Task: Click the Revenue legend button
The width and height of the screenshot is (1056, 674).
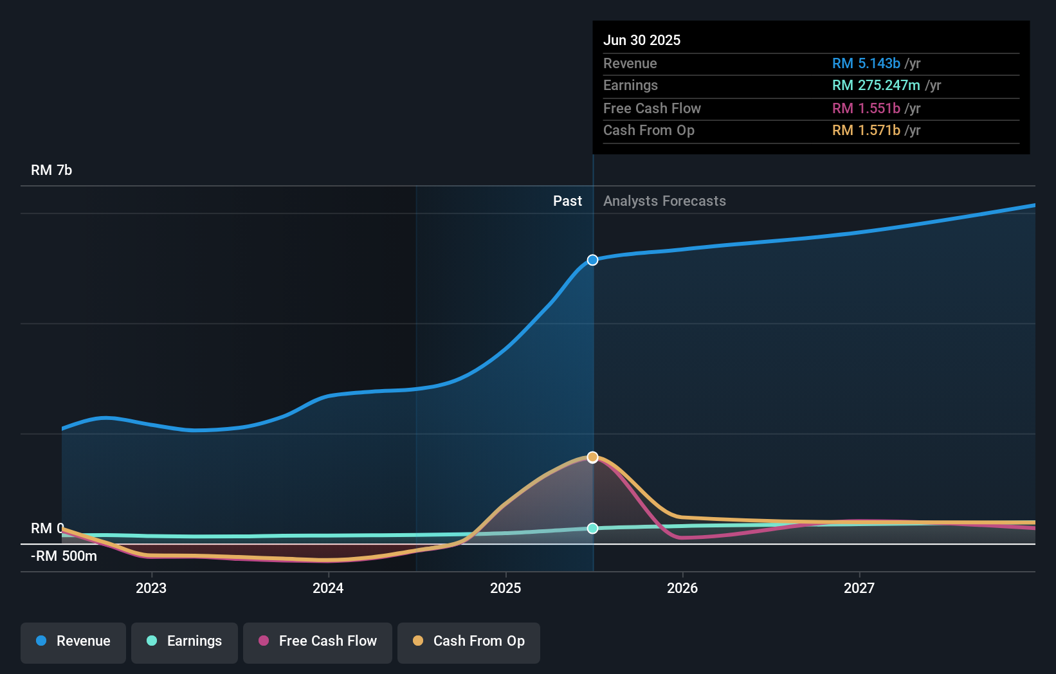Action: pos(73,641)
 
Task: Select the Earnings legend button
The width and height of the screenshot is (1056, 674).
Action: pos(185,641)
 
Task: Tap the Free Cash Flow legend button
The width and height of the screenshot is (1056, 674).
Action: pos(318,641)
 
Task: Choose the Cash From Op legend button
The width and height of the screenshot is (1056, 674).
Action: pos(469,641)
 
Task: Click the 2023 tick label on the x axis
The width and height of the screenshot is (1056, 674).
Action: pos(151,588)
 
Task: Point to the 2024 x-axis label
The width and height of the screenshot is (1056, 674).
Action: pos(328,588)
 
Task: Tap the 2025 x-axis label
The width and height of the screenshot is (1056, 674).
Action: pos(505,588)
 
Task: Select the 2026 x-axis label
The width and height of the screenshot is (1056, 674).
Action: pos(682,588)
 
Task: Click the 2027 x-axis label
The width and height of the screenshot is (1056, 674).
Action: pos(859,588)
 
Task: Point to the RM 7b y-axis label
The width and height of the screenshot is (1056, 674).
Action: pos(51,170)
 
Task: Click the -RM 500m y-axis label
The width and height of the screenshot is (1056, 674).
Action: pos(64,556)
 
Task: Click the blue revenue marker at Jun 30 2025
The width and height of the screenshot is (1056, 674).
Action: pos(592,260)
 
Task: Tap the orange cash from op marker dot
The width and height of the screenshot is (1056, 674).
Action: pos(592,457)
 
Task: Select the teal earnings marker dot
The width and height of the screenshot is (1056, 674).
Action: pos(592,528)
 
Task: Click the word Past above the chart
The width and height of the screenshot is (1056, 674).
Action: pos(567,201)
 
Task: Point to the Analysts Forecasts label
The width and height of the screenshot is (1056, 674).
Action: pos(664,201)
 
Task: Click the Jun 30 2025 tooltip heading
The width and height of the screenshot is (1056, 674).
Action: pos(642,41)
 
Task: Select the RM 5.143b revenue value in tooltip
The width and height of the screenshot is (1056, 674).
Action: pos(866,64)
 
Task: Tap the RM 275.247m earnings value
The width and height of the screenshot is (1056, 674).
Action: pos(876,86)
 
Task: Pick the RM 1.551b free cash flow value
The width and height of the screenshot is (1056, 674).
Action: pos(866,109)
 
